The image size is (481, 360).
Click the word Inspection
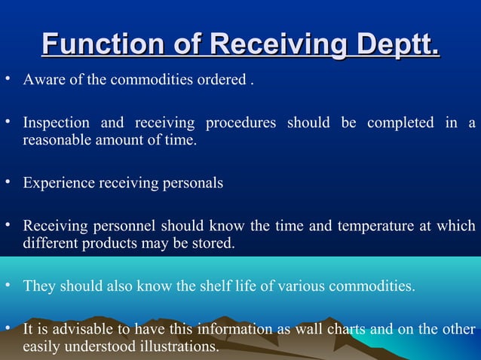[57, 123]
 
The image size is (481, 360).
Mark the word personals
[193, 183]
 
